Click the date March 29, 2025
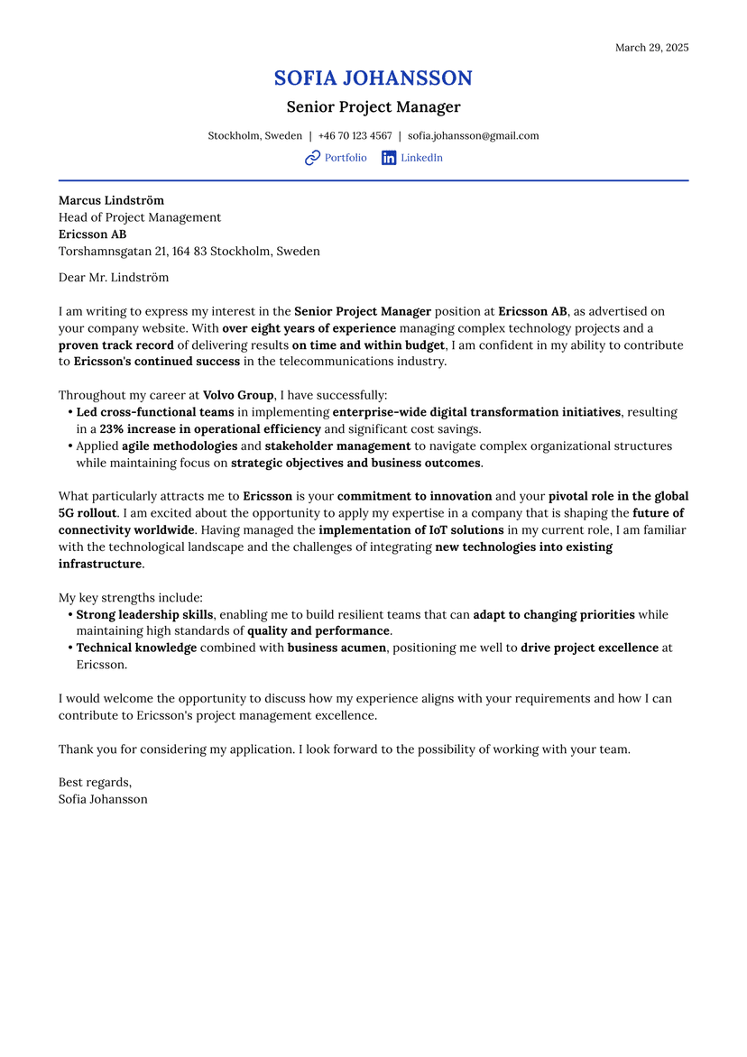click(651, 48)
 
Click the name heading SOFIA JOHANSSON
click(373, 78)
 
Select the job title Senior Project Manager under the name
click(373, 107)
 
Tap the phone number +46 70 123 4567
click(355, 136)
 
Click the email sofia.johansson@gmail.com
click(473, 136)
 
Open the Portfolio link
click(346, 158)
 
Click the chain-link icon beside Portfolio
click(312, 158)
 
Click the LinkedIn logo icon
click(389, 158)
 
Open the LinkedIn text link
click(421, 158)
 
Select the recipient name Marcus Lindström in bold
click(111, 200)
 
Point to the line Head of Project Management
click(140, 217)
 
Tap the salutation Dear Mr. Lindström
click(114, 278)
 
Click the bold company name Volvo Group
click(238, 395)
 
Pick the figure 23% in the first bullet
click(112, 429)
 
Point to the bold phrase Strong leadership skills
click(144, 615)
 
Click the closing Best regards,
click(95, 782)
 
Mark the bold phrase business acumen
click(337, 648)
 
